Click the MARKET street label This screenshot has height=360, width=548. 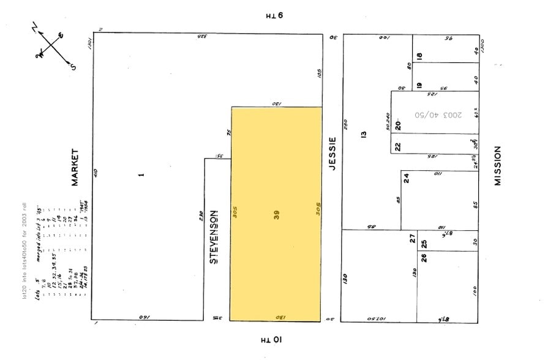click(76, 167)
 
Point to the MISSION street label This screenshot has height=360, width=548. click(498, 166)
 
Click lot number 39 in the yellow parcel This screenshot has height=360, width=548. click(277, 215)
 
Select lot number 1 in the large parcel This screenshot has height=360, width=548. click(141, 175)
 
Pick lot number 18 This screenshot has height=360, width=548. click(419, 56)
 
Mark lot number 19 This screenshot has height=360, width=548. click(419, 86)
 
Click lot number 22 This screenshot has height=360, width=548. click(397, 146)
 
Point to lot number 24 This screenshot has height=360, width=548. click(406, 179)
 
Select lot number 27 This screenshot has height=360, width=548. click(413, 238)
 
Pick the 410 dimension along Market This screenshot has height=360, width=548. click(96, 174)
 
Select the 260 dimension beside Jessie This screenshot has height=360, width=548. click(345, 125)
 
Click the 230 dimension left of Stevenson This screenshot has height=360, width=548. click(200, 216)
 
